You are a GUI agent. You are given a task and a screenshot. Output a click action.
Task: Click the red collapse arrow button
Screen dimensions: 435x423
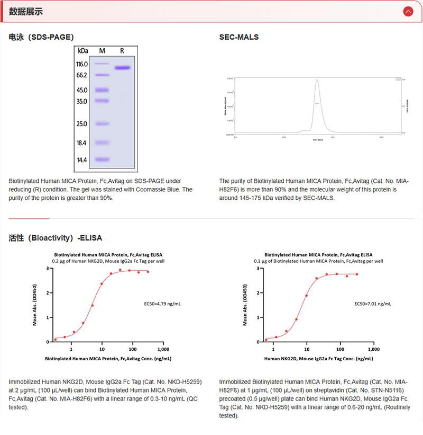[408, 11]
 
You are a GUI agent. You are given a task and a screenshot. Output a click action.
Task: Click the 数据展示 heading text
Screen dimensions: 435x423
[26, 11]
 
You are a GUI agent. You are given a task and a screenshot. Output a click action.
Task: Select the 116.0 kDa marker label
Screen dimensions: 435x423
[82, 64]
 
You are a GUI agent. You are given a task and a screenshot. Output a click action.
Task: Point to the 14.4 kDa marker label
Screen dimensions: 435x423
[82, 159]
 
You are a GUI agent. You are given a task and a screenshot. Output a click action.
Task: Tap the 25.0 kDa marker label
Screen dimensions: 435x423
[82, 124]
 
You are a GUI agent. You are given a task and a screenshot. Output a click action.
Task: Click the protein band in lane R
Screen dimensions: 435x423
[122, 67]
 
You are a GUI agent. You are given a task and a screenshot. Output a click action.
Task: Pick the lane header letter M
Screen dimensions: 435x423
[102, 51]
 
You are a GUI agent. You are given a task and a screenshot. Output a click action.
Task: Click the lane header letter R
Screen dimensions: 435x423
[122, 51]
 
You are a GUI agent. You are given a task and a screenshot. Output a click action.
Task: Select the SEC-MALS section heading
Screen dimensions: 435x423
[239, 37]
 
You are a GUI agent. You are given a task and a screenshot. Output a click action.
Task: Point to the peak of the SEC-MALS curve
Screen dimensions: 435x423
[317, 80]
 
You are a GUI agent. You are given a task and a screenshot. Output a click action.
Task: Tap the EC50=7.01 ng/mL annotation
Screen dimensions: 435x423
[372, 304]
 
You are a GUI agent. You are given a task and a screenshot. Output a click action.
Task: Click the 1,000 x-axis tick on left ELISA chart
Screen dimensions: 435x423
[163, 350]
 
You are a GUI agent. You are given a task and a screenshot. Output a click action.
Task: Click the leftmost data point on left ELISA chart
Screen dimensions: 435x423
[56, 340]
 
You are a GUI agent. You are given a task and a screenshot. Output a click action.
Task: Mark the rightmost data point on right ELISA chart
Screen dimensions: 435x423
[357, 274]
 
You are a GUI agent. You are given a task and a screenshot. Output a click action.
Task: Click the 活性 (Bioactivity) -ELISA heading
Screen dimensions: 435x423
[56, 238]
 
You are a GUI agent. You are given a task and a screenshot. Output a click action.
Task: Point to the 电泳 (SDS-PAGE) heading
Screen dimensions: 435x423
[41, 37]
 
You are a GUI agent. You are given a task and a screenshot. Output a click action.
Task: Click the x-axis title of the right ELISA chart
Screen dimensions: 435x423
[318, 359]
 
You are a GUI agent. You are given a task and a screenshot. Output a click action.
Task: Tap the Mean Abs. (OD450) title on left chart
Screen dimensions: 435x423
[35, 305]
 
